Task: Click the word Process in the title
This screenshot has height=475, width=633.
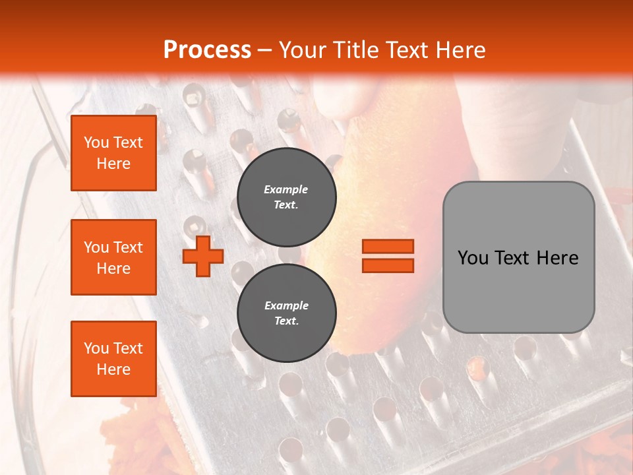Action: pos(207,50)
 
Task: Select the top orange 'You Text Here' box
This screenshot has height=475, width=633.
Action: pos(113,153)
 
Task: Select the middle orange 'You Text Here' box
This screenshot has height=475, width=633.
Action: pos(113,257)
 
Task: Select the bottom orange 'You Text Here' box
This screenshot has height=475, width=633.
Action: pos(113,359)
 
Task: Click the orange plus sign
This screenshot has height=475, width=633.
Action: pos(203,256)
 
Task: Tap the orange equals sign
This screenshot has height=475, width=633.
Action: pos(388,256)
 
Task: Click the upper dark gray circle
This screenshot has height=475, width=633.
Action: pos(286,197)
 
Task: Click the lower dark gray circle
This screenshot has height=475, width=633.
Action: pos(286,313)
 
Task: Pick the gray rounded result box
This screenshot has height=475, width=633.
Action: pos(518,257)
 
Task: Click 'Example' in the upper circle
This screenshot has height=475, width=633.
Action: pos(286,189)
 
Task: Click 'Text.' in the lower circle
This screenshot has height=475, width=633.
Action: pos(286,321)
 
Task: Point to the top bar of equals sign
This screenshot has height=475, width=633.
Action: pos(388,246)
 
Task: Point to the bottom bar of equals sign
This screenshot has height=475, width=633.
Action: pos(388,265)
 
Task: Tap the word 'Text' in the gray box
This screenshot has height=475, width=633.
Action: pos(518,258)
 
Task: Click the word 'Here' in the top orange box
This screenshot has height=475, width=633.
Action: pos(113,164)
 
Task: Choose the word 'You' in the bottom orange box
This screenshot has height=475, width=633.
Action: pos(96,348)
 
